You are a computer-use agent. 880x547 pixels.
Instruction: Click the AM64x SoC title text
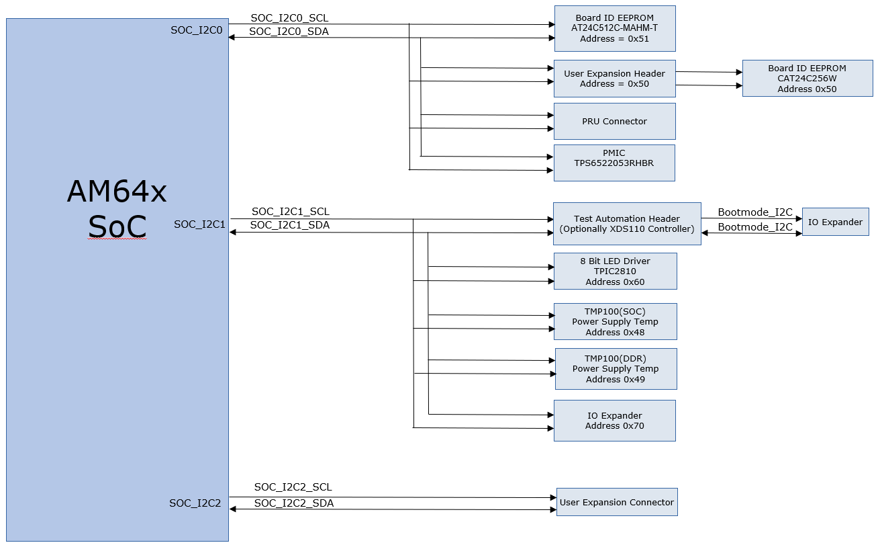point(117,210)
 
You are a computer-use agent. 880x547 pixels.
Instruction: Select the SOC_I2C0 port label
point(196,30)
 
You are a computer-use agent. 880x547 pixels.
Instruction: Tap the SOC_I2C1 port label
point(199,224)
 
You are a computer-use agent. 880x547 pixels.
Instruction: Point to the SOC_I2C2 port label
point(195,503)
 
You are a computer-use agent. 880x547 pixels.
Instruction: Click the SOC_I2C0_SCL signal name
point(289,18)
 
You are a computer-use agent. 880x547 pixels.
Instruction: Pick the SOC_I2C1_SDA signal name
point(289,225)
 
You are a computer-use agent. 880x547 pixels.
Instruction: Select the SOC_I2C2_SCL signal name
point(293,487)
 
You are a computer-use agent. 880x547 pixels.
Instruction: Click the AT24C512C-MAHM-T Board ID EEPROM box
point(614,28)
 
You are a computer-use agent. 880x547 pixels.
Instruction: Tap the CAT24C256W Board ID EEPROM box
point(807,79)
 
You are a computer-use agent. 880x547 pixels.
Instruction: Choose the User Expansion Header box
point(614,79)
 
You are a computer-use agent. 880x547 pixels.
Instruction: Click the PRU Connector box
point(614,122)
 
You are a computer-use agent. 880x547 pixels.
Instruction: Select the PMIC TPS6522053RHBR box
point(614,163)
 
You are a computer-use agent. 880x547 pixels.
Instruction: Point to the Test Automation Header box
point(626,224)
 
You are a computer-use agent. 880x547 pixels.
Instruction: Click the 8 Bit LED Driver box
point(615,271)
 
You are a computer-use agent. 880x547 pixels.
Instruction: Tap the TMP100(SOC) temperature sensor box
point(615,322)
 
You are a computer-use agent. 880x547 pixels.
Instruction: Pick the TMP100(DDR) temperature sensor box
point(616,369)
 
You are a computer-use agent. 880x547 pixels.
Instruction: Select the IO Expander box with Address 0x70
point(614,421)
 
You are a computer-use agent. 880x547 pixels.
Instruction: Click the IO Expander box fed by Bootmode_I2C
point(835,222)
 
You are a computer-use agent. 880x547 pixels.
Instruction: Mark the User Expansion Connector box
point(616,502)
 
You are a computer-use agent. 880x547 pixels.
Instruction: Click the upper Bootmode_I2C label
point(754,212)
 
